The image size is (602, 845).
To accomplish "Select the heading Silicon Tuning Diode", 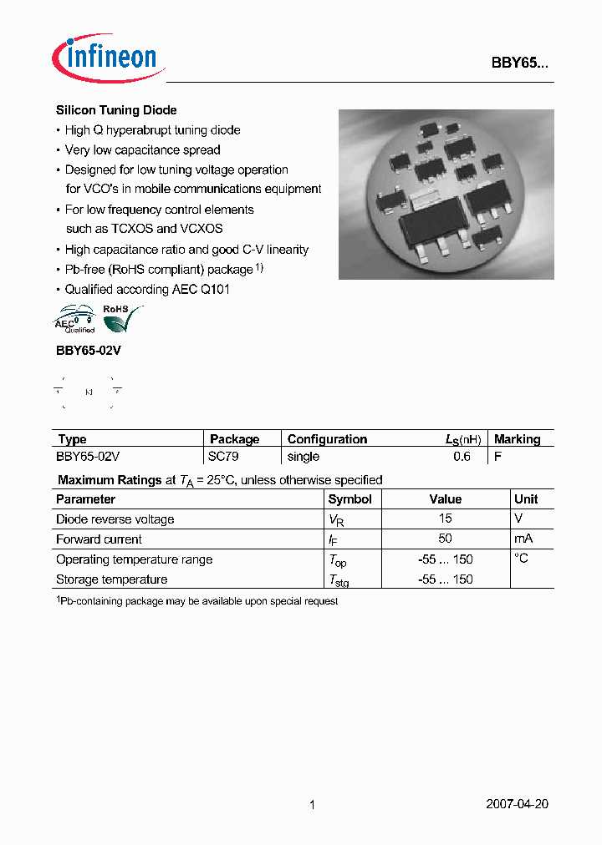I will click(116, 110).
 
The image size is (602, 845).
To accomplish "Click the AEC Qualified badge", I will click(75, 321).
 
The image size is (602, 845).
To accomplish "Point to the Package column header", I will click(234, 439).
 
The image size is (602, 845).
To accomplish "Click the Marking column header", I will click(517, 439).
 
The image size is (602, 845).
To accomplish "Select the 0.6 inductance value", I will click(462, 457).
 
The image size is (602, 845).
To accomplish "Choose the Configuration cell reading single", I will click(304, 457).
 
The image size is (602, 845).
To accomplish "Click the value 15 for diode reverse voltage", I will click(446, 519).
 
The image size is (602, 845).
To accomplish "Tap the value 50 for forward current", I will click(446, 539).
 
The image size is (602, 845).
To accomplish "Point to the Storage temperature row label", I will click(111, 579).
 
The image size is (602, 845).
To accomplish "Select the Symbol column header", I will click(349, 499).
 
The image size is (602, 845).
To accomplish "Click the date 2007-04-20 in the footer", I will click(517, 805).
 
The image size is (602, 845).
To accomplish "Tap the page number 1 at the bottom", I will click(312, 805).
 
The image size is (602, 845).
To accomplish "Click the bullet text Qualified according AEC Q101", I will click(147, 290).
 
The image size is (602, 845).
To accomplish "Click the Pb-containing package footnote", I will click(197, 601).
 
